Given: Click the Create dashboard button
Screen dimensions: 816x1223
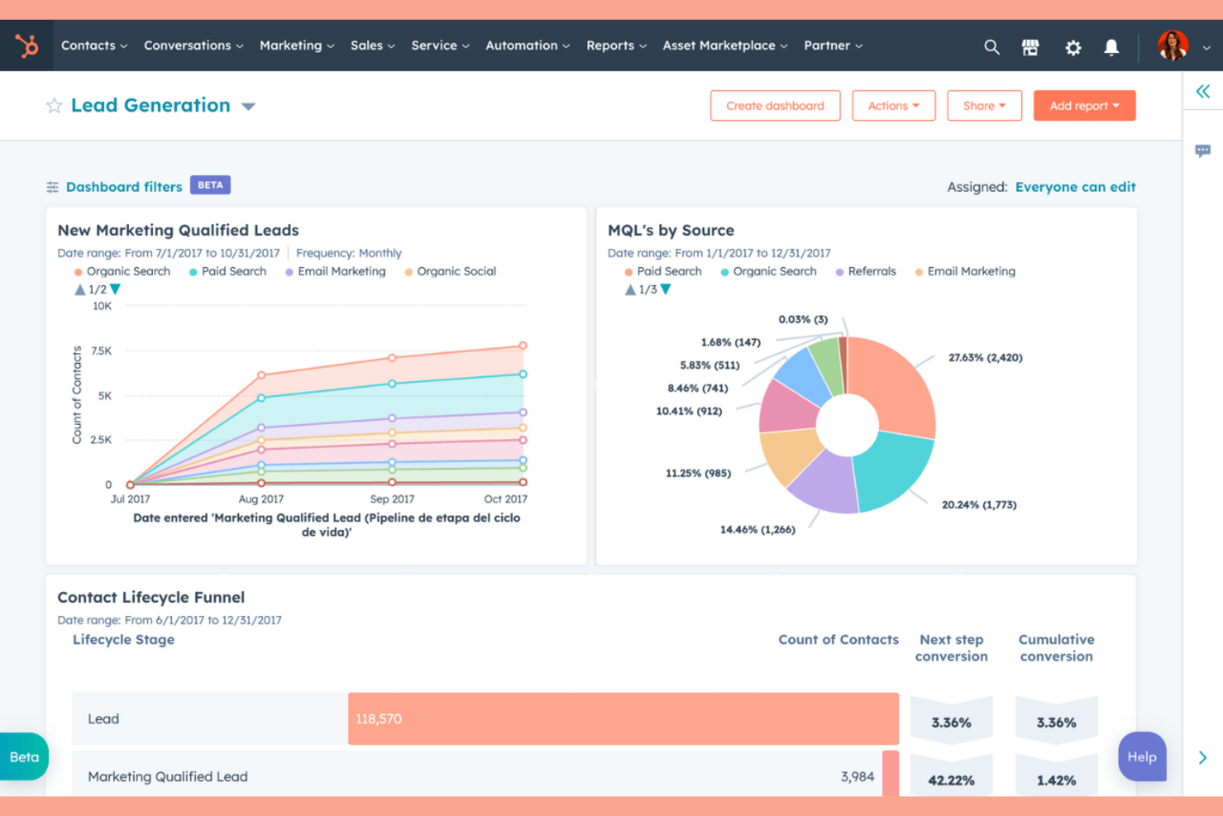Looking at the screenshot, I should pos(774,106).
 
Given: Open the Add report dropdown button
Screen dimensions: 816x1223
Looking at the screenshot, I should pos(1083,106).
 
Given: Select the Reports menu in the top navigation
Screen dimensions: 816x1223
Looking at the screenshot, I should pos(616,45).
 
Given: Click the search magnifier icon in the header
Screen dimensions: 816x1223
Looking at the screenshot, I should pos(992,47).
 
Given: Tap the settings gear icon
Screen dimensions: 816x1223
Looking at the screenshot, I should pos(1073,47).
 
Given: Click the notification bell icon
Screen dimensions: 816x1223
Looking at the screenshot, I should pos(1111,47).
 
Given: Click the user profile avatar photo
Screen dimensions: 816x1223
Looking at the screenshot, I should pos(1172,45).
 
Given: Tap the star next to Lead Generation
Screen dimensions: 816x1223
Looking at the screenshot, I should pos(55,106).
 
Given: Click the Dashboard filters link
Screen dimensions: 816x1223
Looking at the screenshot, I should pos(124,187).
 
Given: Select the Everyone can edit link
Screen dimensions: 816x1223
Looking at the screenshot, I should pos(1075,187).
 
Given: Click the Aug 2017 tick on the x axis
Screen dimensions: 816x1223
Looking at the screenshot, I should pos(261,499).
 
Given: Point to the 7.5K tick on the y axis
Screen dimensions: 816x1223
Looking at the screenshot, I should pos(102,351).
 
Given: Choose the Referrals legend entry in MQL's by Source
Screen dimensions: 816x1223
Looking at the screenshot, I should pos(871,271).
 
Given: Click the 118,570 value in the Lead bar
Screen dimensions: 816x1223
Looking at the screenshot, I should pos(378,719).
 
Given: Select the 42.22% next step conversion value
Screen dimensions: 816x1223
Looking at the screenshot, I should pos(951,780).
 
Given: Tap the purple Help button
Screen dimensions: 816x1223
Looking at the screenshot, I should pos(1142,756).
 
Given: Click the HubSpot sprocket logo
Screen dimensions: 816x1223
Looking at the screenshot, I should pos(27,45).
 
